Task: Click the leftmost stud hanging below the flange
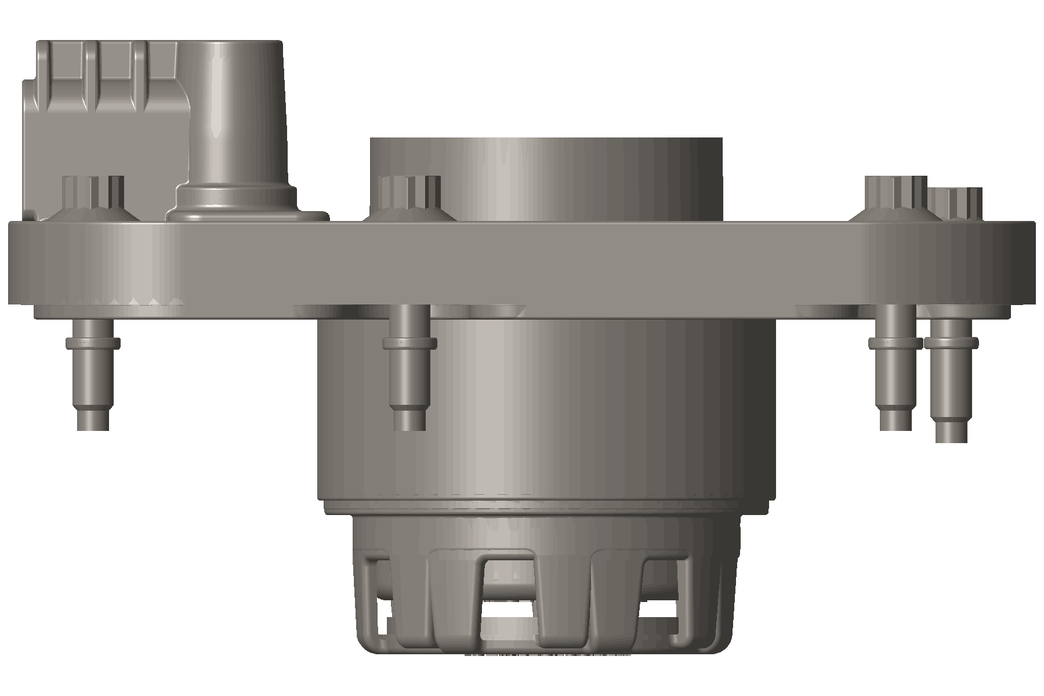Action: point(93,377)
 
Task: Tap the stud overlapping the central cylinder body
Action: point(409,371)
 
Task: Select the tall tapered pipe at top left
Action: point(238,116)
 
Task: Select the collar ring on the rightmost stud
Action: point(951,343)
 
